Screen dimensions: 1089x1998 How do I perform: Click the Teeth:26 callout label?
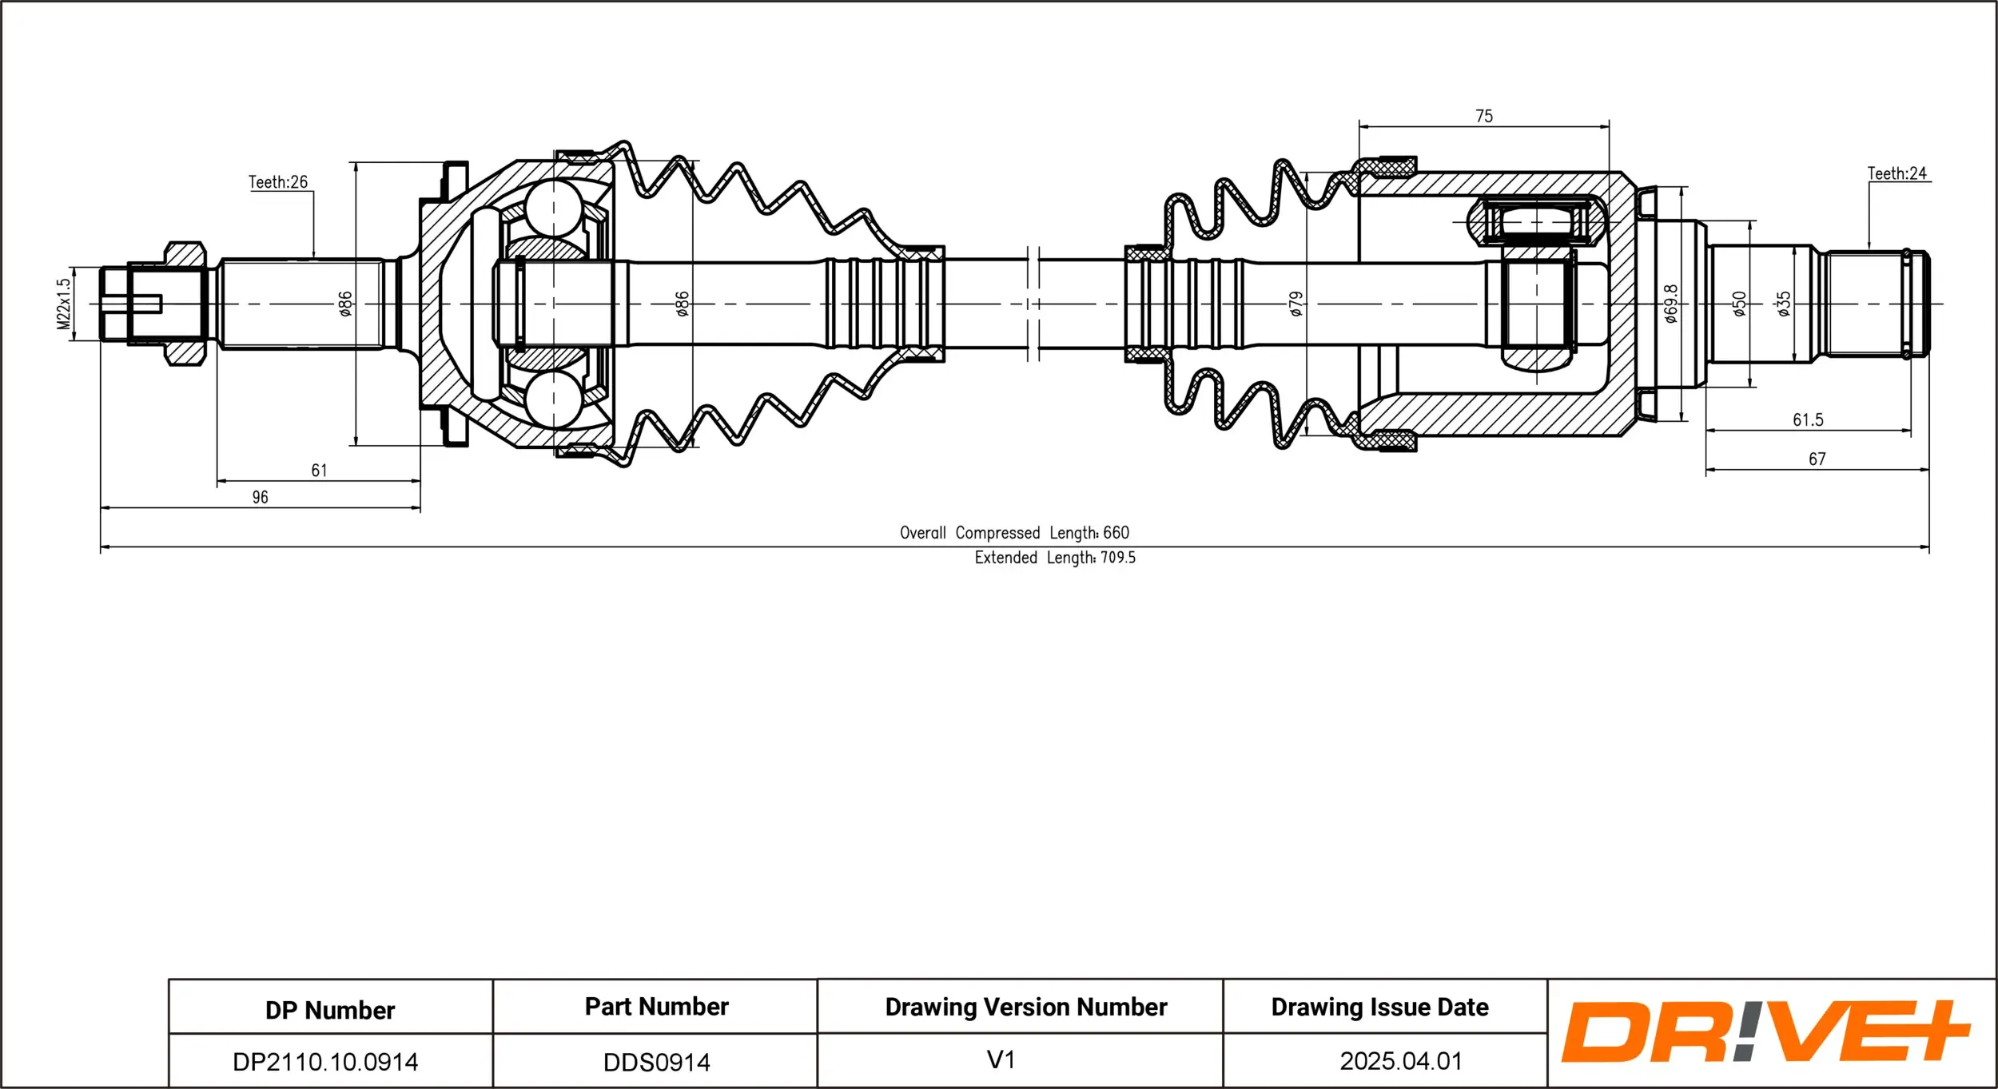[x=277, y=182]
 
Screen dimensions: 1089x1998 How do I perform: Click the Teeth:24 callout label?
[x=1897, y=173]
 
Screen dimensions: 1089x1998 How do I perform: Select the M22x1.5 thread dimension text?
[x=64, y=304]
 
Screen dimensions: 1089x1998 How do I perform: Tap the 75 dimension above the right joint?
[x=1484, y=117]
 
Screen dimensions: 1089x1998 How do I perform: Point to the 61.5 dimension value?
[x=1808, y=420]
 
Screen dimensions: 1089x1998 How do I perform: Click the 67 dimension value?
[x=1817, y=459]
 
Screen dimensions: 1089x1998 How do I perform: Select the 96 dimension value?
[x=260, y=498]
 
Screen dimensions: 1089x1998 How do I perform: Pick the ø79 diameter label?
[x=1296, y=304]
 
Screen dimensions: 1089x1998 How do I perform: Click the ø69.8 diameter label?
[x=1671, y=304]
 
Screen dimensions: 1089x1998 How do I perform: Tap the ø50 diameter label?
[x=1739, y=304]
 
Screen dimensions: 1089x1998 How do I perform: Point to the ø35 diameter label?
[x=1784, y=304]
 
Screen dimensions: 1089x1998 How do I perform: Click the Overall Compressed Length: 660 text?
[x=1014, y=533]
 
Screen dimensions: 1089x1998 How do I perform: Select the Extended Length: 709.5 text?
[x=1054, y=558]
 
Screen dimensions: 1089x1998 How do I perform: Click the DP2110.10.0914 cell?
[x=325, y=1062]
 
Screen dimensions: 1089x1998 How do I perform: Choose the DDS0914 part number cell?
[x=656, y=1062]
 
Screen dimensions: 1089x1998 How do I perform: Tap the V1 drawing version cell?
[x=1001, y=1060]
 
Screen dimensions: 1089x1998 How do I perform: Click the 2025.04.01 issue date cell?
[x=1400, y=1061]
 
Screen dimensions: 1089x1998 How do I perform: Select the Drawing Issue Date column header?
[x=1379, y=1008]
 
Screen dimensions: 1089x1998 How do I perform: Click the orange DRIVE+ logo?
[x=1765, y=1032]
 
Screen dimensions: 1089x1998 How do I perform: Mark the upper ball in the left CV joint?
[x=554, y=208]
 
